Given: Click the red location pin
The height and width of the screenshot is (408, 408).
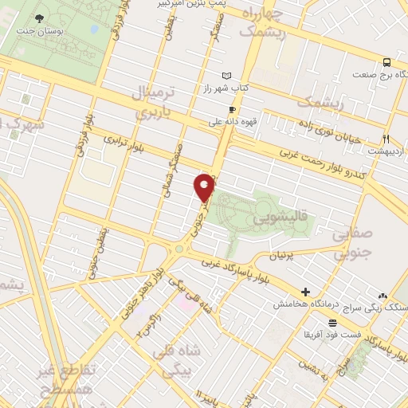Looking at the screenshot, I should pos(205,186).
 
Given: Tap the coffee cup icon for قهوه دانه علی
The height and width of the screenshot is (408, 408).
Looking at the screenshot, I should pos(232,110).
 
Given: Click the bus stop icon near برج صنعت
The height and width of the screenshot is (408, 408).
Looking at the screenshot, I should pos(386,62).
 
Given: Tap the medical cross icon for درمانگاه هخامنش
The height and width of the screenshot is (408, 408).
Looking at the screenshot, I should pos(305,292).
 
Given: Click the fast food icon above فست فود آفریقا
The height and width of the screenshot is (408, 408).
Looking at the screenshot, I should pos(332,322).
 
